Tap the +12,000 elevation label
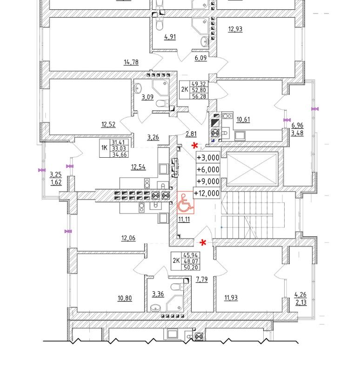pyautogui.click(x=207, y=194)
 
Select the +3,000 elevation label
pyautogui.click(x=208, y=158)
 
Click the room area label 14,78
pyautogui.click(x=131, y=62)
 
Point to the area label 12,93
pyautogui.click(x=235, y=29)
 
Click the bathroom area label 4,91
pyautogui.click(x=170, y=37)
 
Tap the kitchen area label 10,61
pyautogui.click(x=243, y=120)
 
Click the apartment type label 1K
pyautogui.click(x=104, y=148)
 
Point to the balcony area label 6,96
pyautogui.click(x=297, y=126)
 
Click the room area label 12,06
pyautogui.click(x=128, y=238)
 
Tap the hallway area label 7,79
pyautogui.click(x=201, y=280)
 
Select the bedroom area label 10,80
pyautogui.click(x=125, y=298)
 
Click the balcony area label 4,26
pyautogui.click(x=300, y=294)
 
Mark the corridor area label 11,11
pyautogui.click(x=184, y=219)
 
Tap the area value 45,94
pyautogui.click(x=190, y=255)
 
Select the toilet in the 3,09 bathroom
pyautogui.click(x=160, y=103)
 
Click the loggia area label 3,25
pyautogui.click(x=55, y=174)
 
